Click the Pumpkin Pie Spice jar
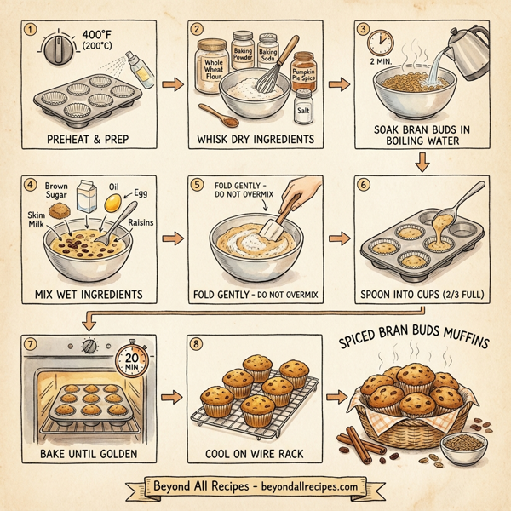coord(302,75)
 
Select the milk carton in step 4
coord(86,196)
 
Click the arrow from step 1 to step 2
coord(169,85)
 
